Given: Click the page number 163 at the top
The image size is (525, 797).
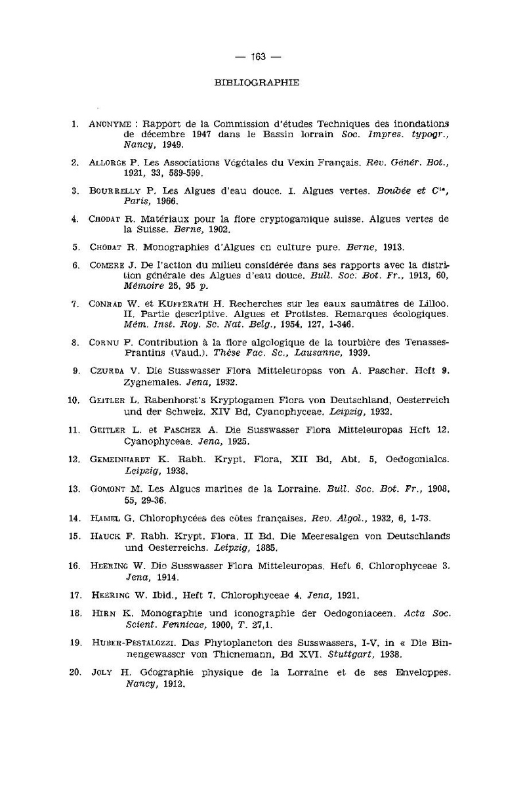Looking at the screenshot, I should pyautogui.click(x=257, y=57).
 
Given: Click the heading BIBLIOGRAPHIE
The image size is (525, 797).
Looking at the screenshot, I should pyautogui.click(x=257, y=83).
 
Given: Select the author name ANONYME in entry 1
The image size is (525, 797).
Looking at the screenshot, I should pyautogui.click(x=109, y=123).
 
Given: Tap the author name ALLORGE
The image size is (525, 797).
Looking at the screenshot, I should pyautogui.click(x=108, y=162).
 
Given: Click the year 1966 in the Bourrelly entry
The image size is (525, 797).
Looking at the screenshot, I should pyautogui.click(x=159, y=202).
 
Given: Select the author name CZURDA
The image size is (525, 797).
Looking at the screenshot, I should pyautogui.click(x=104, y=371).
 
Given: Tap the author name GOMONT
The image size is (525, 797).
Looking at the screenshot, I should pyautogui.click(x=106, y=489).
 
